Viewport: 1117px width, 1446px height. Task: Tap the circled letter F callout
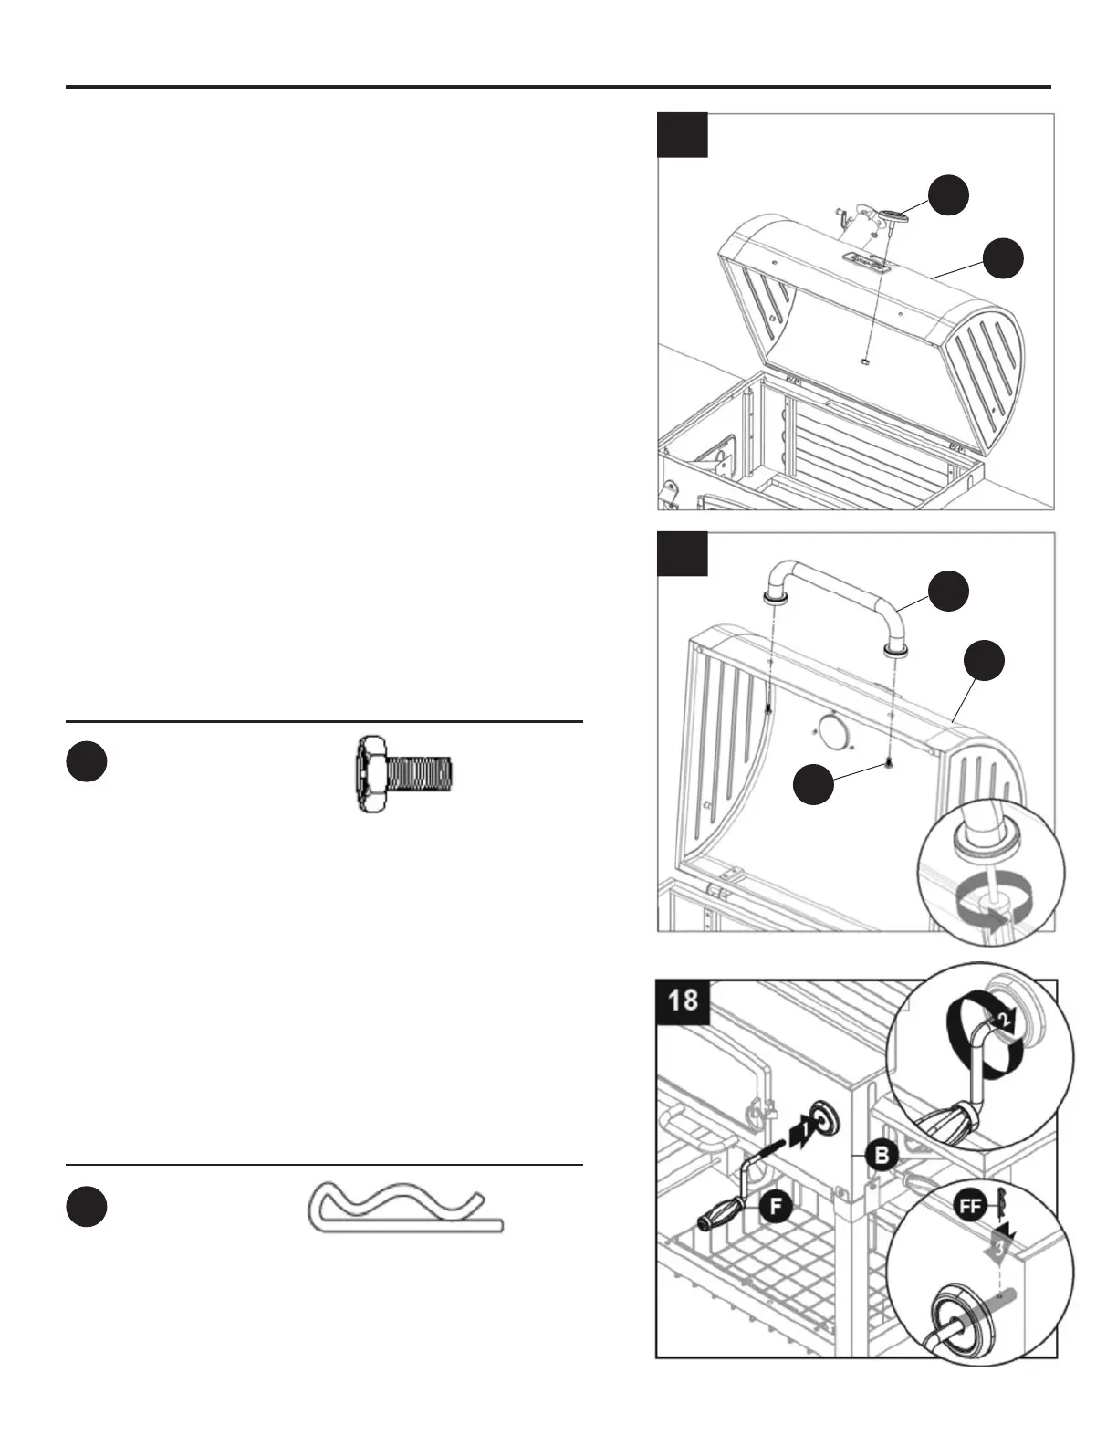775,1205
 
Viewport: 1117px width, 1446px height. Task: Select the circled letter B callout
882,1156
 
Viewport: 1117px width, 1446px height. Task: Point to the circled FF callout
970,1205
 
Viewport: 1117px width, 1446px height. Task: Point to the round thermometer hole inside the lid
830,733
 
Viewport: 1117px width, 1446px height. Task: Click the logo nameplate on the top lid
865,262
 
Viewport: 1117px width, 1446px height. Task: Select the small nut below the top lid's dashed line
864,361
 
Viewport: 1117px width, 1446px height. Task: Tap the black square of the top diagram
683,135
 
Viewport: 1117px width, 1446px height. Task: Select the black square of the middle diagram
683,554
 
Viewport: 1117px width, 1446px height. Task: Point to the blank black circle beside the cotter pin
87,1207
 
